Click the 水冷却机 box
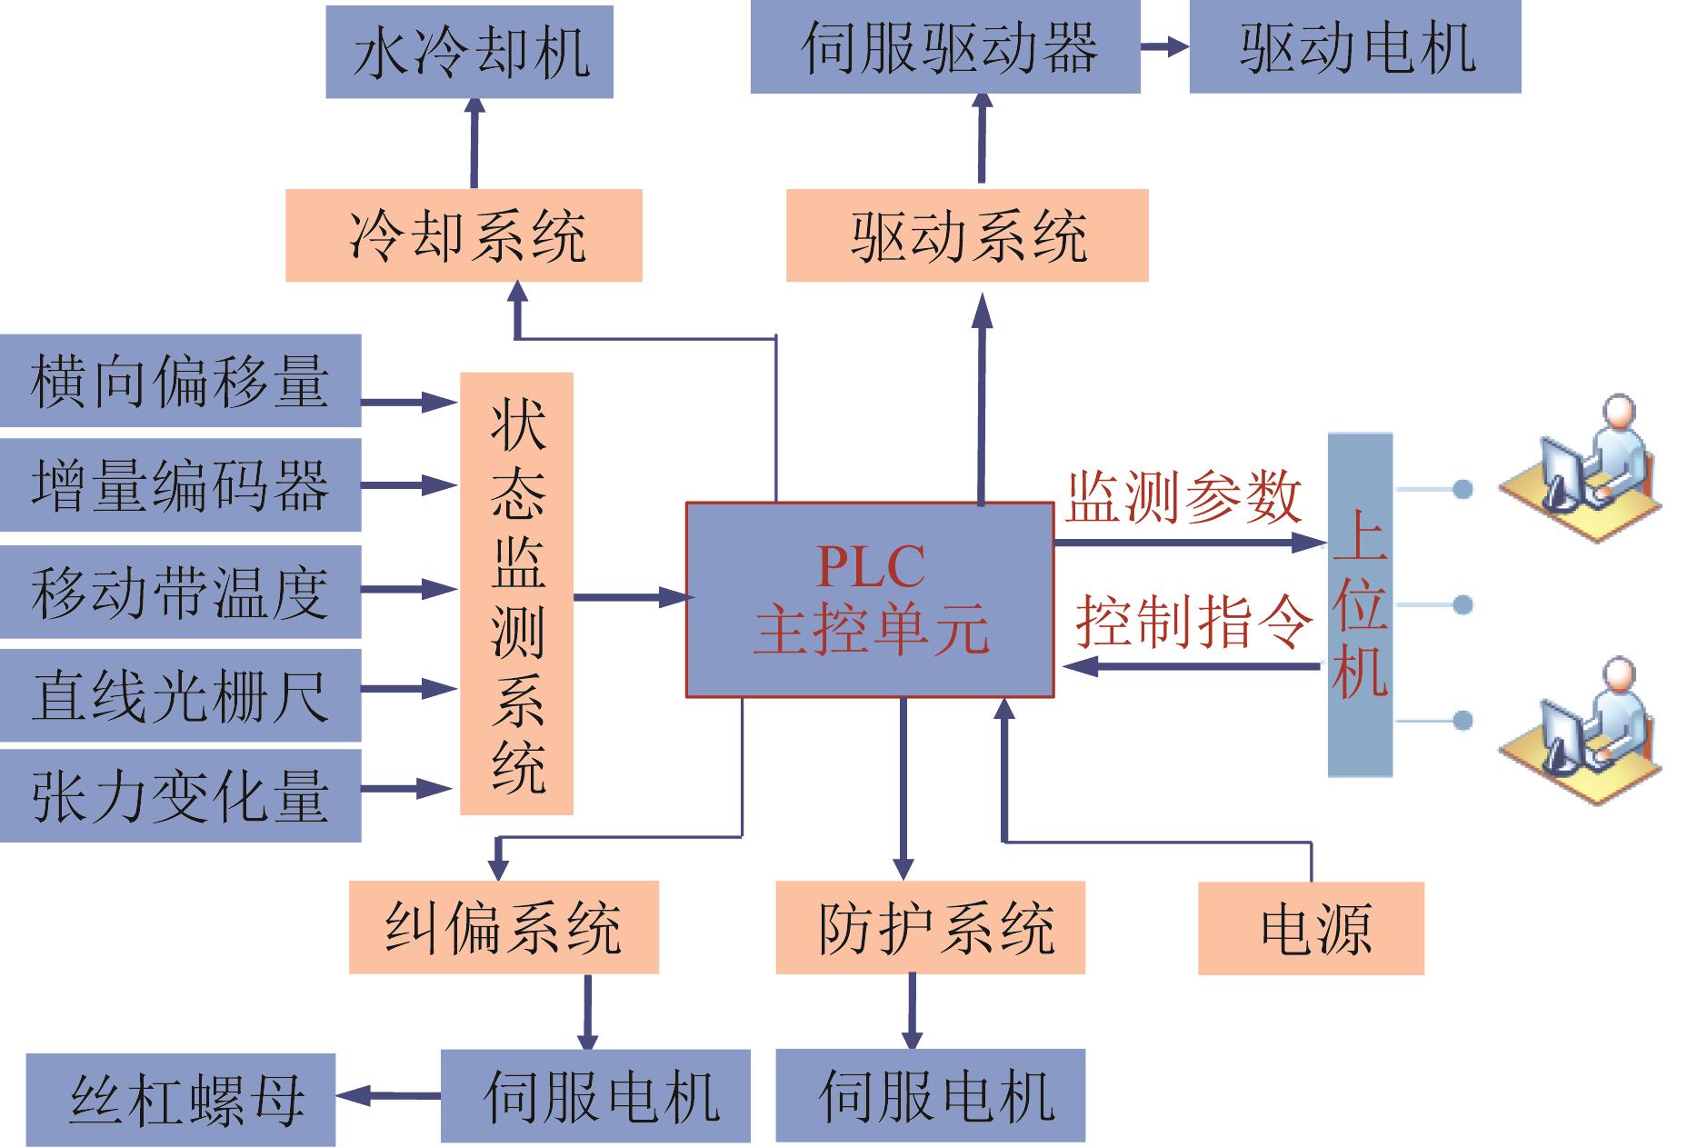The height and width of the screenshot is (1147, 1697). [469, 52]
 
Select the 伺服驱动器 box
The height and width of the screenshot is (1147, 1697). [945, 48]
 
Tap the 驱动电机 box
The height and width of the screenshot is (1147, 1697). [1354, 48]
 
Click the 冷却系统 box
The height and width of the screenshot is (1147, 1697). [464, 235]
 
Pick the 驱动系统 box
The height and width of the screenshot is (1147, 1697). [967, 235]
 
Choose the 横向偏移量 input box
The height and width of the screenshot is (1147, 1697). [180, 381]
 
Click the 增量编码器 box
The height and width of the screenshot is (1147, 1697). [180, 485]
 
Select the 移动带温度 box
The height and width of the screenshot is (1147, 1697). [180, 592]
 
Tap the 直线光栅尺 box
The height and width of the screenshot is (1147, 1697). [180, 695]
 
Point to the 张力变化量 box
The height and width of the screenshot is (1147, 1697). [180, 796]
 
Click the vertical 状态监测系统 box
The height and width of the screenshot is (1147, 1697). [516, 593]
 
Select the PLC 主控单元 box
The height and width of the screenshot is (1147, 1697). [870, 600]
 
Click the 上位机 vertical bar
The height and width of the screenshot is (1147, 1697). [1360, 605]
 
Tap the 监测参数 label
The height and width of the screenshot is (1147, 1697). [1183, 498]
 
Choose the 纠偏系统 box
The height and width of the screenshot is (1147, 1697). [504, 927]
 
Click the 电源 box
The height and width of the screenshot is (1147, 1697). [1311, 928]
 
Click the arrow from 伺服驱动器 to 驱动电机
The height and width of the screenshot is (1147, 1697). [1164, 47]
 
